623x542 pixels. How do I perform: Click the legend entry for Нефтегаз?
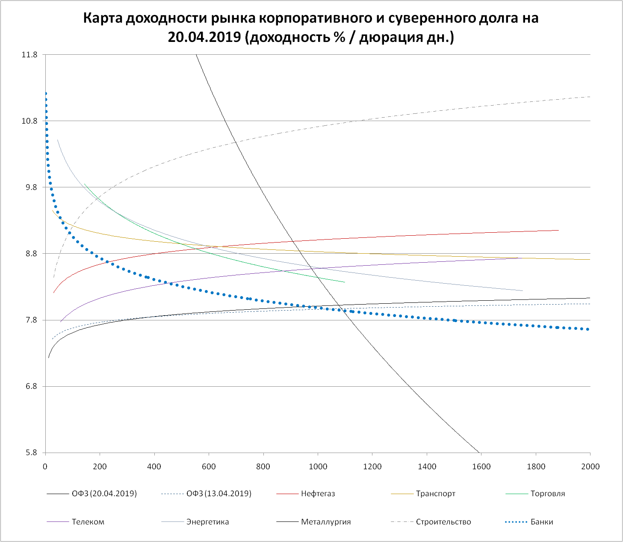[318, 494]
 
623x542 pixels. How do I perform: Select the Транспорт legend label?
[435, 494]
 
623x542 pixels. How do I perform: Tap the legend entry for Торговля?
[547, 494]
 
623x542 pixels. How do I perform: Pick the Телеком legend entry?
[88, 522]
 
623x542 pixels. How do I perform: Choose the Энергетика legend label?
[207, 522]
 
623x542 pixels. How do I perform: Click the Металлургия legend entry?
[326, 522]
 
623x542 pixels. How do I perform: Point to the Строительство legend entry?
[443, 522]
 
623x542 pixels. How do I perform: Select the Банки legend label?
[542, 522]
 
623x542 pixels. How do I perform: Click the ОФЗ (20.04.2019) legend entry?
[104, 494]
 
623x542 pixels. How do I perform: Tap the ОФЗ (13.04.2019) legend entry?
[218, 494]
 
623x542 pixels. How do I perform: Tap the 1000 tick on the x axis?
[318, 466]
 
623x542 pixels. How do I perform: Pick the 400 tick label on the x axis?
[154, 466]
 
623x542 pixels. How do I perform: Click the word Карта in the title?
[103, 18]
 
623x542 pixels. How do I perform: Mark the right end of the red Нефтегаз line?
[558, 230]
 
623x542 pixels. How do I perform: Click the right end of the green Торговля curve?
[344, 282]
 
